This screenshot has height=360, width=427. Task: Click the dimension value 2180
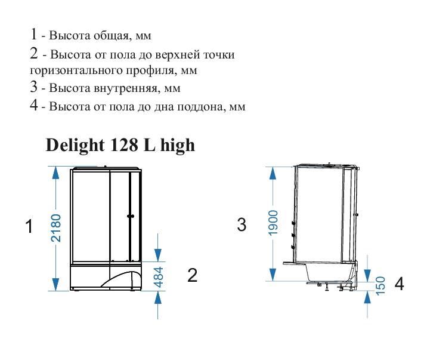coord(56,228)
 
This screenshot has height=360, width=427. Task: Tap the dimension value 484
coord(158,277)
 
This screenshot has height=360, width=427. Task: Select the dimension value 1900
coord(273,223)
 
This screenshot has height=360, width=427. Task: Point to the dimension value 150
coord(380,285)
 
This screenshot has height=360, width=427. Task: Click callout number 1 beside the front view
coord(29,226)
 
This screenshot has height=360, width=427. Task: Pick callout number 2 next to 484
coord(192,275)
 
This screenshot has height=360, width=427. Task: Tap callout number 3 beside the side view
coord(242,224)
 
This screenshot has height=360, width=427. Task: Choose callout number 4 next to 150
coord(399,284)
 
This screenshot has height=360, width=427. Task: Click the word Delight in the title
coord(75,145)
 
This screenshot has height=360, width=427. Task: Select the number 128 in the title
coord(124,145)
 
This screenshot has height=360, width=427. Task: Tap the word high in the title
coord(178,146)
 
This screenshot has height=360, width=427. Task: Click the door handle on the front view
coord(131,216)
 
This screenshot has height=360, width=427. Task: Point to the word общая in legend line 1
coord(110,36)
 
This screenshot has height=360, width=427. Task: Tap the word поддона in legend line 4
coord(201,106)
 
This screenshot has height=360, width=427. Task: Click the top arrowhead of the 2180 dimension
coord(55,172)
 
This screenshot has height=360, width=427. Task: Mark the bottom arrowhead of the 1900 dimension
coord(273,275)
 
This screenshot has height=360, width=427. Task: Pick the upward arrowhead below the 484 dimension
coord(158,297)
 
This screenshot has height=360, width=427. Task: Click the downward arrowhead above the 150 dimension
coord(367,275)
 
